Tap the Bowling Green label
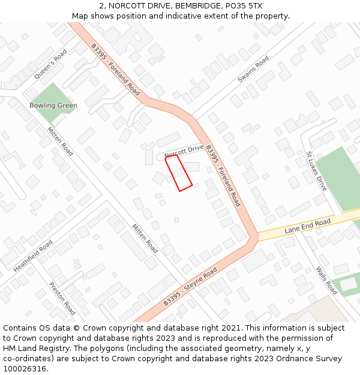(x=53, y=106)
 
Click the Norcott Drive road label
(x=184, y=152)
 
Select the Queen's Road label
(x=50, y=64)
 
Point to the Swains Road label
(x=253, y=70)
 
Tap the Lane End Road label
(x=308, y=226)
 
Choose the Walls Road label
(x=326, y=280)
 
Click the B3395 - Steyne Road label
(x=190, y=287)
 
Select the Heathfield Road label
(x=33, y=256)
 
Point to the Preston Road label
(x=62, y=298)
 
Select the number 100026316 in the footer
(x=25, y=368)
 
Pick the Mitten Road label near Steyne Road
(x=145, y=238)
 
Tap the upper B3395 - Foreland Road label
(x=115, y=70)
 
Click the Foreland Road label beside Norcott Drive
(x=223, y=176)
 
